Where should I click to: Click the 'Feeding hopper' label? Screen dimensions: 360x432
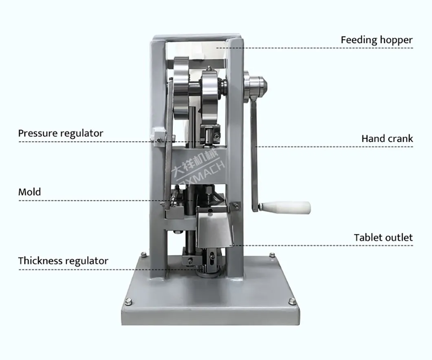tap(377, 40)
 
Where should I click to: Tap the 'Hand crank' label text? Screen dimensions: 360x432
tap(387, 138)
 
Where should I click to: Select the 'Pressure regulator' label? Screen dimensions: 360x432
tap(61, 133)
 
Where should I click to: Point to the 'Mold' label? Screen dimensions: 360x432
tap(29, 192)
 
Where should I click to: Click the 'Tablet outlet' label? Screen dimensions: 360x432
tap(383, 237)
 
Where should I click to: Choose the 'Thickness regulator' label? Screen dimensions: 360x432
tap(63, 261)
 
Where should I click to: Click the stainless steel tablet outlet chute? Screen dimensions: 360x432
tap(214, 228)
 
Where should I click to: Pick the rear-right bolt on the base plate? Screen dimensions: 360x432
tap(272, 255)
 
